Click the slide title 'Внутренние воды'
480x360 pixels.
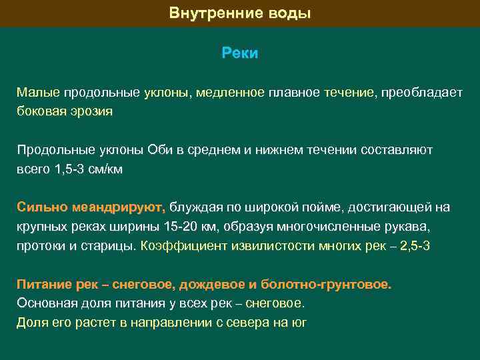click(240, 13)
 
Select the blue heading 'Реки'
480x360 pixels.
click(240, 53)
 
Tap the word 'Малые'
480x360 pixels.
click(38, 92)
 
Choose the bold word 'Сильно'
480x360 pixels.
click(40, 207)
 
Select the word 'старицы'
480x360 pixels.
click(113, 245)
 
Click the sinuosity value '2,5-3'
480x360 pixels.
click(413, 245)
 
